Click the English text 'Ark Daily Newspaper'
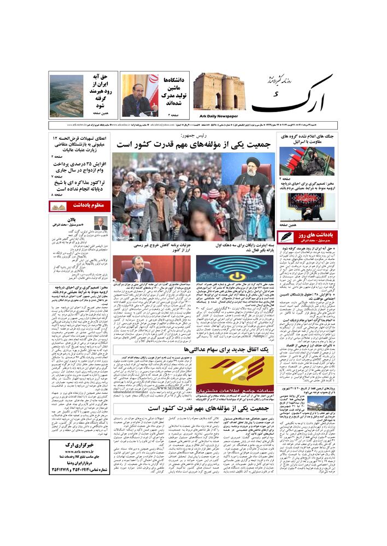pos(216,116)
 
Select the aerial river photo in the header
pos(67,96)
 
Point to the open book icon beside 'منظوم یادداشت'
pos(58,206)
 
